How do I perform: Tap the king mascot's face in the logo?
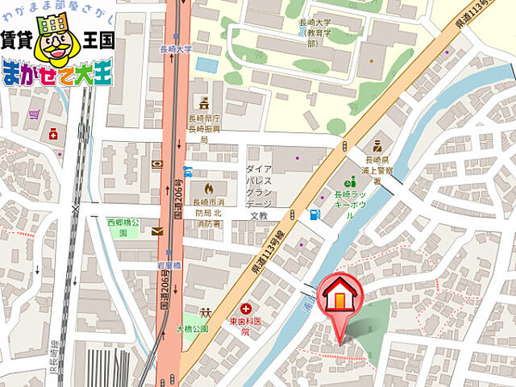pyautogui.click(x=53, y=48)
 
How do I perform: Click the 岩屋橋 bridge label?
pyautogui.click(x=169, y=264)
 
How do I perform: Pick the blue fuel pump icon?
pyautogui.click(x=314, y=214)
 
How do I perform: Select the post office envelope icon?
pyautogui.click(x=156, y=231)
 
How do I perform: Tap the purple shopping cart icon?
pyautogui.click(x=34, y=114)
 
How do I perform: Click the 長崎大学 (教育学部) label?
pyautogui.click(x=315, y=35)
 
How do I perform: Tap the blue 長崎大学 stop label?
pyautogui.click(x=177, y=48)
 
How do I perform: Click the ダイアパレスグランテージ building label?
pyautogui.click(x=259, y=188)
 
